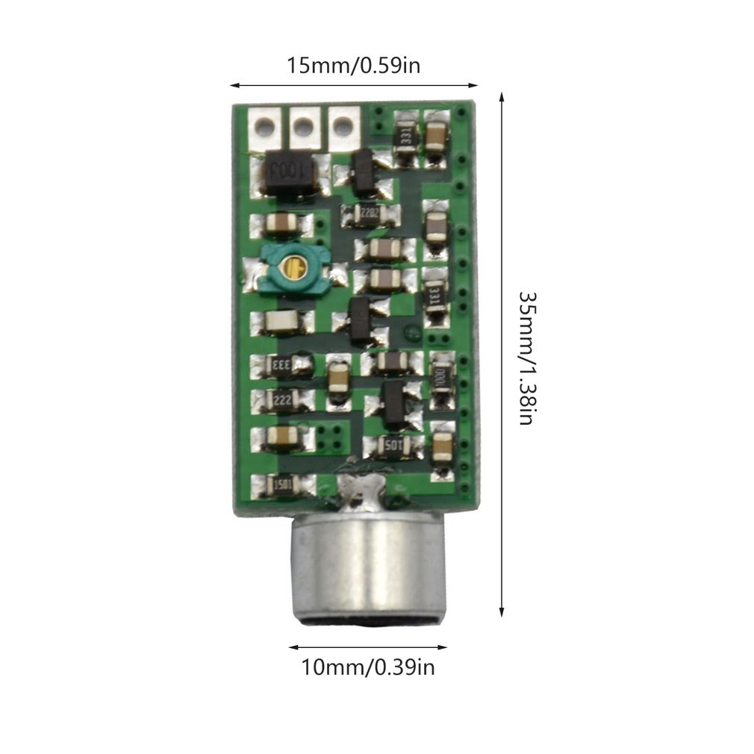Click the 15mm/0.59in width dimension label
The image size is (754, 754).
click(354, 66)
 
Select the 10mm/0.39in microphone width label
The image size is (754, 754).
click(367, 666)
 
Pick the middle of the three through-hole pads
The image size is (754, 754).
click(302, 126)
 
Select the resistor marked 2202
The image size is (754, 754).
click(366, 214)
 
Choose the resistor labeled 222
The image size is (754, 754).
click(281, 400)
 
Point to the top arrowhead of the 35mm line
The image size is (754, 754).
click(502, 96)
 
